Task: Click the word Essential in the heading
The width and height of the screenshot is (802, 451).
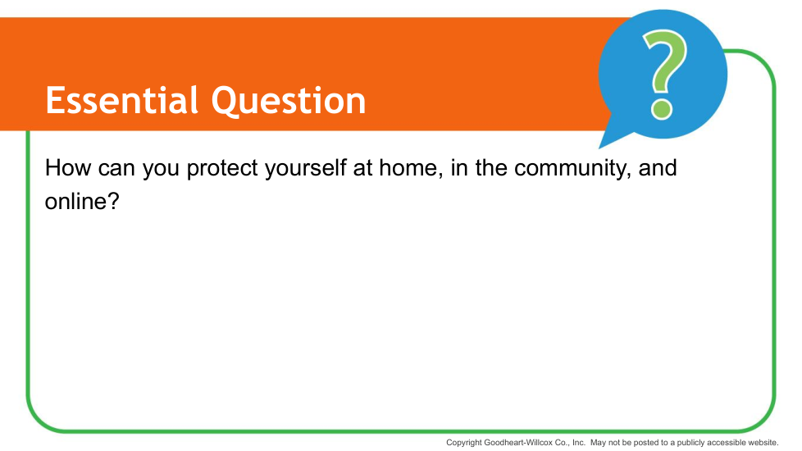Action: [x=121, y=100]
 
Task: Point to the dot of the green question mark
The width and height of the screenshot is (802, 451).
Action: [x=661, y=110]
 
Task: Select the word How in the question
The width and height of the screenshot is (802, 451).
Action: [x=67, y=168]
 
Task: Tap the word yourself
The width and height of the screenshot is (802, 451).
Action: [x=306, y=169]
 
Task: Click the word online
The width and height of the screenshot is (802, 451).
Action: [x=76, y=201]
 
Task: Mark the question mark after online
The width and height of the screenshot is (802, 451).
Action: [x=113, y=201]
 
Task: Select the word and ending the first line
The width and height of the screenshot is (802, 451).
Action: [x=658, y=168]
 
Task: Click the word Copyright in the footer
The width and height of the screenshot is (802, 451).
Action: [x=464, y=443]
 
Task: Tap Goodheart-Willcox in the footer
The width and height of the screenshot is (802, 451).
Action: [x=518, y=442]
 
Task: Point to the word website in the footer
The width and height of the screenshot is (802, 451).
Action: [x=762, y=442]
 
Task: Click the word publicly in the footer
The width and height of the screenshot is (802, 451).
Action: [x=690, y=443]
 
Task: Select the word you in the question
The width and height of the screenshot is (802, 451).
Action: [x=161, y=170]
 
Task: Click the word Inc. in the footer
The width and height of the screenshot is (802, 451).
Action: [x=578, y=442]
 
